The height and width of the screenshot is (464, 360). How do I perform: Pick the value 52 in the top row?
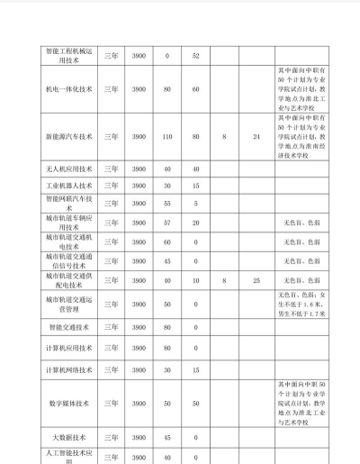196,56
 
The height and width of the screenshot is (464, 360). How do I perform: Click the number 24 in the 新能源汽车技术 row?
256,137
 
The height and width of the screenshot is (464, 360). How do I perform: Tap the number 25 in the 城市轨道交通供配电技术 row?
256,282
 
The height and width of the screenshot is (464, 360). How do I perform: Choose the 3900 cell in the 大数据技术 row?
139,437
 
